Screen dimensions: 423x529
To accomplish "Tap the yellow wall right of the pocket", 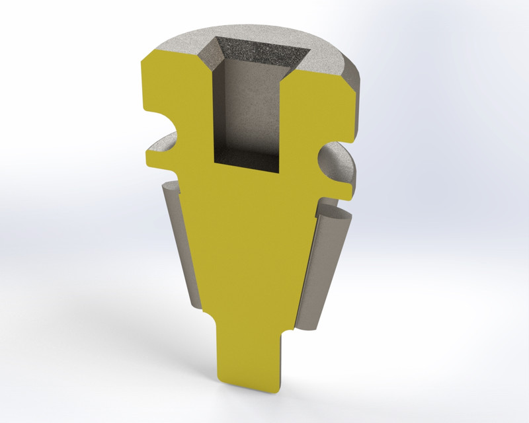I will pos(317,106).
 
